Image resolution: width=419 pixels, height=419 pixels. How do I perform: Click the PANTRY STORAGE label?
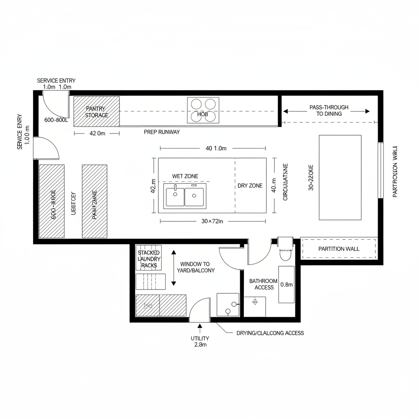(97, 112)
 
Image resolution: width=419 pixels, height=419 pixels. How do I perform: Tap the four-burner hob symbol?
(203, 110)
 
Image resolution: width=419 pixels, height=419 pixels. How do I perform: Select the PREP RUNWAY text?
(162, 132)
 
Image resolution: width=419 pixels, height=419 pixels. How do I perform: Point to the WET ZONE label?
(185, 176)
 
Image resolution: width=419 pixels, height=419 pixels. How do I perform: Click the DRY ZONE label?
(250, 186)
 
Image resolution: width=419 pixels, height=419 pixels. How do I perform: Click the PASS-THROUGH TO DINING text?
(329, 110)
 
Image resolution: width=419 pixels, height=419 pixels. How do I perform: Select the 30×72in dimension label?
(212, 221)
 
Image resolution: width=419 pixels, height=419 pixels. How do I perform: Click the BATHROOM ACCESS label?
(264, 284)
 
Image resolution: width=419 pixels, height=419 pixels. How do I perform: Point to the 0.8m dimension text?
(286, 285)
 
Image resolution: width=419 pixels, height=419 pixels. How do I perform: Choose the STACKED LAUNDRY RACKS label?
(149, 259)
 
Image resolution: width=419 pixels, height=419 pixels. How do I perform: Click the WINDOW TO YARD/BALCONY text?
(195, 267)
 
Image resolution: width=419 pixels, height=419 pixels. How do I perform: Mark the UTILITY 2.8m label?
(200, 341)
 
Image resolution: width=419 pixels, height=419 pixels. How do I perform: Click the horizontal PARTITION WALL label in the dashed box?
(339, 249)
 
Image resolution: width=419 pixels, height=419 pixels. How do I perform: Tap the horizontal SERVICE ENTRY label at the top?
(56, 81)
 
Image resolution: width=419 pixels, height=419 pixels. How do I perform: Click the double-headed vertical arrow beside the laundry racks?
(173, 268)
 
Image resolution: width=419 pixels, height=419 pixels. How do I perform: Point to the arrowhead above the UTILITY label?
(200, 327)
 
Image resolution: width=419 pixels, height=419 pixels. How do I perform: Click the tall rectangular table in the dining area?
(340, 177)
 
